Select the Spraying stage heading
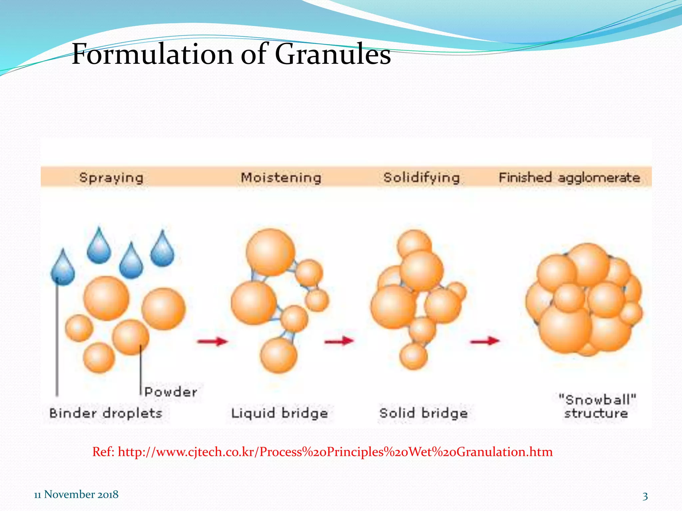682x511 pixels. [x=111, y=178]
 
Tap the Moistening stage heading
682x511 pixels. [x=281, y=178]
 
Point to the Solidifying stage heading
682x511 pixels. [x=421, y=178]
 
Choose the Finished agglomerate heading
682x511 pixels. [x=569, y=178]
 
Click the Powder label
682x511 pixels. [x=170, y=392]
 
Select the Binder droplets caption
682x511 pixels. [x=106, y=413]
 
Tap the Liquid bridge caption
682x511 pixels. [x=279, y=413]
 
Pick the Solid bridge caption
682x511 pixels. [x=424, y=413]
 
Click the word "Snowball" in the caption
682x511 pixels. [x=597, y=399]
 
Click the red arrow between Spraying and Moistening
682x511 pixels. [x=212, y=341]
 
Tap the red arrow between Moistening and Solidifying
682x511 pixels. [x=339, y=341]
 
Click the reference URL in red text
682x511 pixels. [x=322, y=452]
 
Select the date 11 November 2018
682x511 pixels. [x=76, y=494]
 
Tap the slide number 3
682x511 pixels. [x=645, y=496]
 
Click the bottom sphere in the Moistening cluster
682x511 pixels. [x=278, y=355]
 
